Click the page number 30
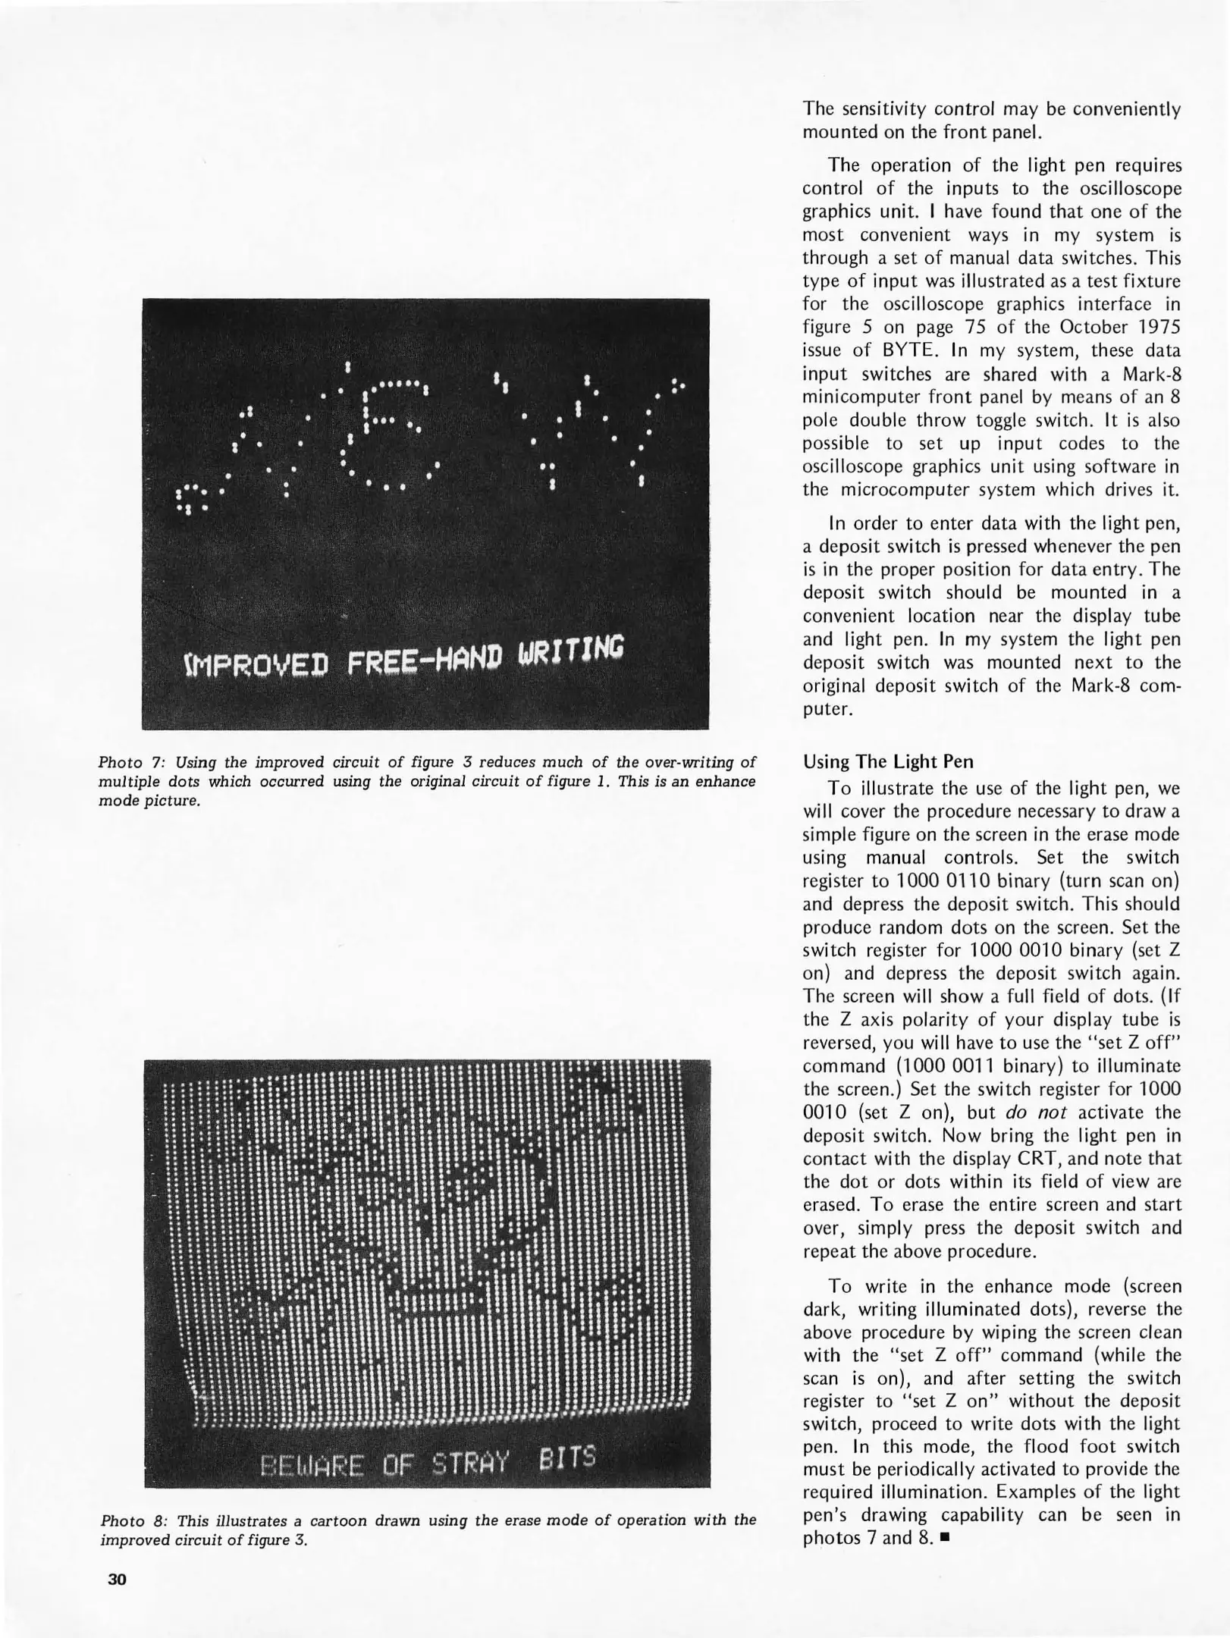[117, 1580]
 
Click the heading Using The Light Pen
[888, 761]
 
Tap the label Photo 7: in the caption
[127, 762]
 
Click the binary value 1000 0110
[934, 881]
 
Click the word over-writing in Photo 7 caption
[687, 762]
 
